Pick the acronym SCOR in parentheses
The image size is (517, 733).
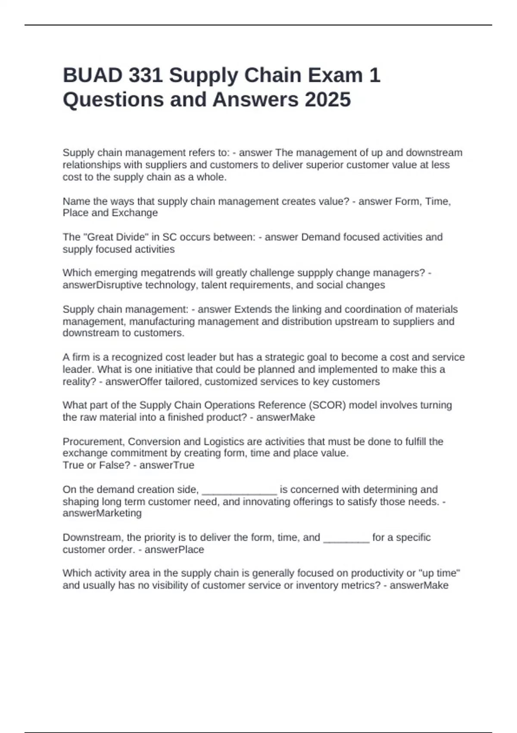(x=328, y=405)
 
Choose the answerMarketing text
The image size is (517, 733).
(x=102, y=513)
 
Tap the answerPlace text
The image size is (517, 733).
(x=174, y=550)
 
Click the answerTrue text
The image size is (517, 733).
(x=167, y=465)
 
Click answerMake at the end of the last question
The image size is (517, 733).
(x=419, y=586)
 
